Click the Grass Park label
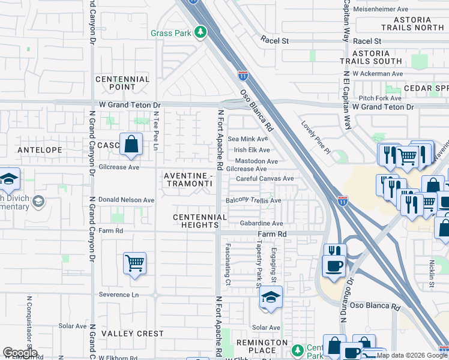170,32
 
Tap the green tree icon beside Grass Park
201,32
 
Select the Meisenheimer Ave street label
382,9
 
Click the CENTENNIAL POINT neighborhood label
122,83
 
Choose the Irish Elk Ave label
252,150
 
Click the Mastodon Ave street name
256,161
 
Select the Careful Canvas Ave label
265,178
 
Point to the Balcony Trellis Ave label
253,200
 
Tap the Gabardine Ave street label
261,223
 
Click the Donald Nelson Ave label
126,200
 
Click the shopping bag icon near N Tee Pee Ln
130,144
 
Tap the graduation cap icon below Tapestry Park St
271,298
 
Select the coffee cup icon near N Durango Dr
334,265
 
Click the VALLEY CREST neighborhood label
132,334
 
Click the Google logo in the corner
20,353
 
